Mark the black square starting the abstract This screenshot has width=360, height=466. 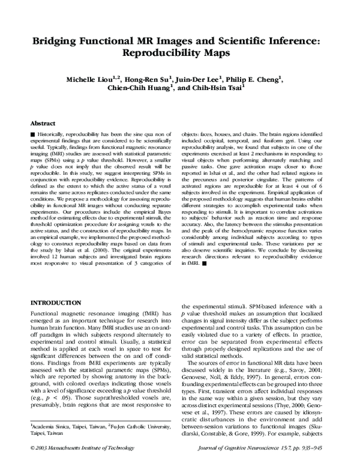32,132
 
